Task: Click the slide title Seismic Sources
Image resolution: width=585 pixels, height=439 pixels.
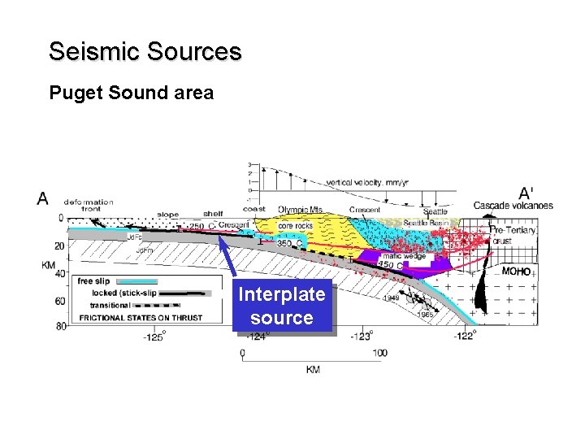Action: (145, 52)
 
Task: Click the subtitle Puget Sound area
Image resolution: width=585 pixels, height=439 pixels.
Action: (132, 93)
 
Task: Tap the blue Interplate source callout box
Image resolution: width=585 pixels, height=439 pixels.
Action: (282, 306)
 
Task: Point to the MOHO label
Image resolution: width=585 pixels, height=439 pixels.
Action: (516, 272)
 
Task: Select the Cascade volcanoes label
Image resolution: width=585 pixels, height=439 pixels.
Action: (513, 206)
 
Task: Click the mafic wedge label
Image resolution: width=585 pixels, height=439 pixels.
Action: (404, 256)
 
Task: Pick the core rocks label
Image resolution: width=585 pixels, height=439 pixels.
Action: (295, 225)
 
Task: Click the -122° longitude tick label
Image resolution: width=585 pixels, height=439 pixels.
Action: (464, 336)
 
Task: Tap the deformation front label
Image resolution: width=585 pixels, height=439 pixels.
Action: (89, 205)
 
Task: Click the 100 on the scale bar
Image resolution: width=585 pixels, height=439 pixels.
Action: (379, 353)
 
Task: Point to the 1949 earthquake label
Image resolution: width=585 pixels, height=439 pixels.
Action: (391, 298)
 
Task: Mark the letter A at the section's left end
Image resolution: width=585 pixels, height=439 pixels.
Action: (42, 198)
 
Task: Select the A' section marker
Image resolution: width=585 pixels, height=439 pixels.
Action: (526, 193)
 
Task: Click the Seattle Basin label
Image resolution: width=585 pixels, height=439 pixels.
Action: (424, 223)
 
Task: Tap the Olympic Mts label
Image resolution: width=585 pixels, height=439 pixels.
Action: (300, 210)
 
